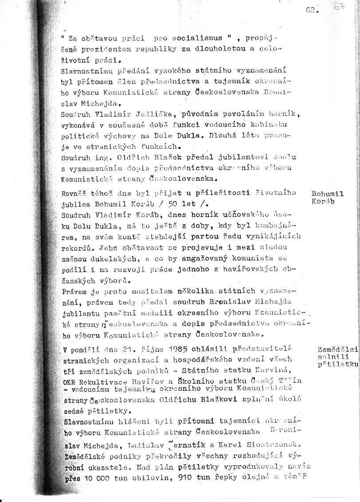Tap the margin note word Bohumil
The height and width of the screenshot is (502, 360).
(x=327, y=194)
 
